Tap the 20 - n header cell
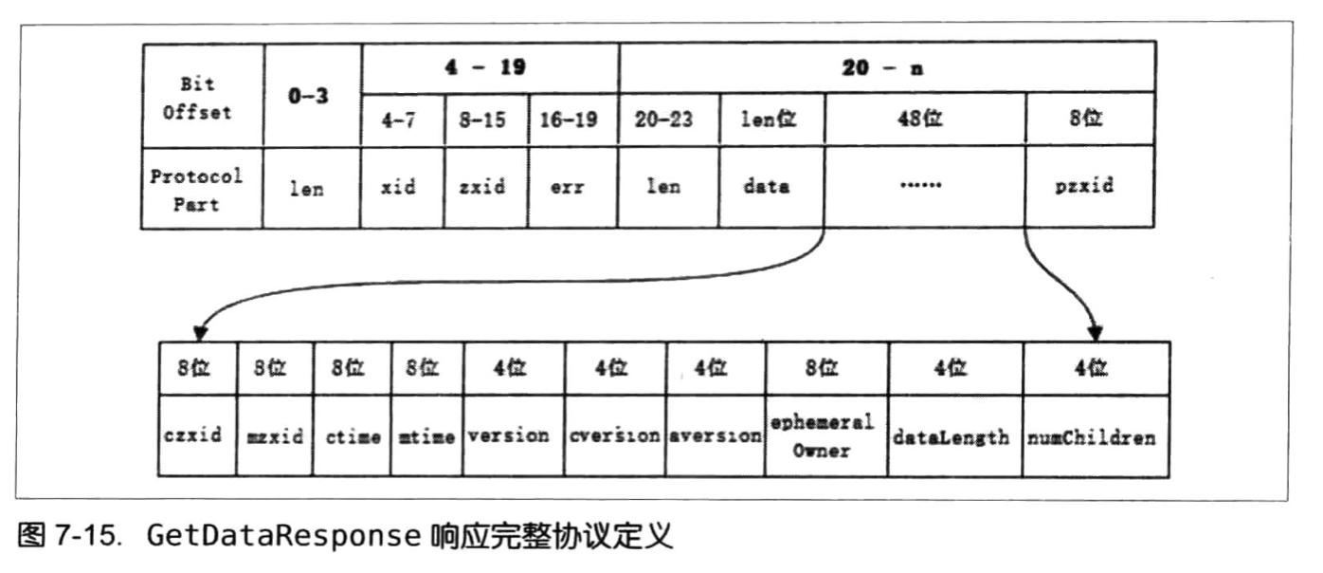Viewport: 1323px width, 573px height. (886, 68)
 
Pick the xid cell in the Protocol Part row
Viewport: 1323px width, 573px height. (402, 188)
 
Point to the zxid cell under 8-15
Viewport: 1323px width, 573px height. (485, 188)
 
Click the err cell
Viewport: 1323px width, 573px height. (573, 188)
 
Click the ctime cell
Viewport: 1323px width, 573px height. (353, 436)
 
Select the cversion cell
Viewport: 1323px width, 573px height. (614, 436)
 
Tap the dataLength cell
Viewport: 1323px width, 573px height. (955, 437)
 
